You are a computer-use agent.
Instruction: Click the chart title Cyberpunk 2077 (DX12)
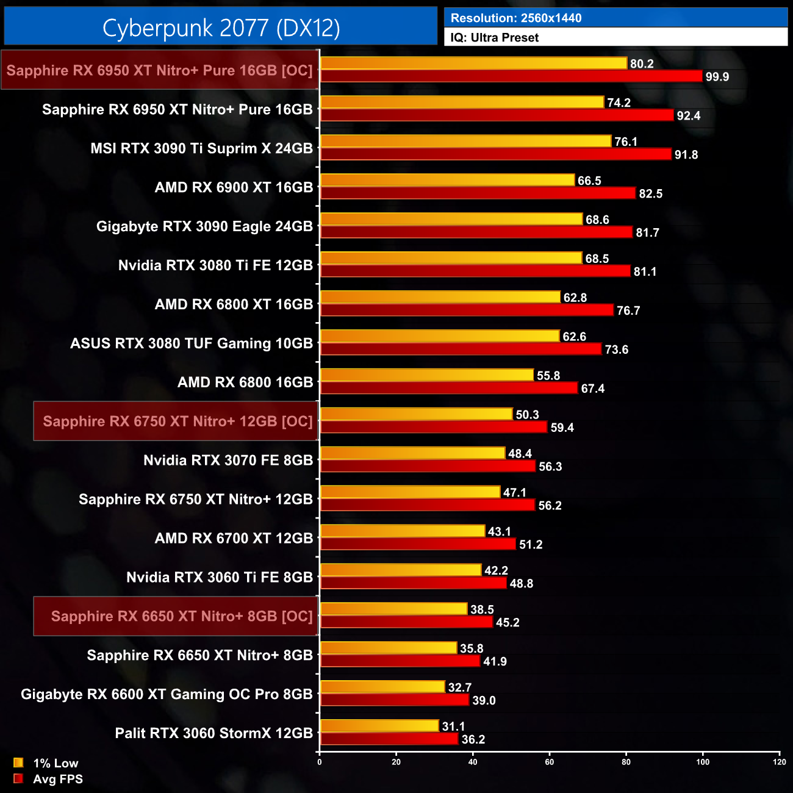(x=221, y=27)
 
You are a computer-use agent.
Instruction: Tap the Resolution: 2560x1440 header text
(x=516, y=18)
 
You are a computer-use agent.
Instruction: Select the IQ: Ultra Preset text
(x=495, y=38)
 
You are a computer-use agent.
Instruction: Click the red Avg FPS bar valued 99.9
(x=511, y=76)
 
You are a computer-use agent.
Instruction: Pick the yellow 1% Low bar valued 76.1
(x=465, y=142)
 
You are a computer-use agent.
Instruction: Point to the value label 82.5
(x=650, y=194)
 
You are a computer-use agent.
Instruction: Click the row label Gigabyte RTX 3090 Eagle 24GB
(x=204, y=226)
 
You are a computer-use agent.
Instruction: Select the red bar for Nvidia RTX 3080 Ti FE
(x=475, y=271)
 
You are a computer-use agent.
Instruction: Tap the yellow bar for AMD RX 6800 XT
(x=440, y=297)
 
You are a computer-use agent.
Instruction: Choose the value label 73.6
(x=616, y=350)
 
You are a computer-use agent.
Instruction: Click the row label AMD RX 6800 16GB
(x=245, y=382)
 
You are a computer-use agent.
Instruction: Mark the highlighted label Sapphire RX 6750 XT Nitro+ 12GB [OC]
(x=178, y=422)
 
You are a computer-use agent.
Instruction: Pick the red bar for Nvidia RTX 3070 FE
(x=428, y=466)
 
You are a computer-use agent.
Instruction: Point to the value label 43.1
(x=499, y=532)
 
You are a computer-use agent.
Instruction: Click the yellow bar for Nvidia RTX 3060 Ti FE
(x=400, y=570)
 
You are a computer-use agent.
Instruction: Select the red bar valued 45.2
(x=406, y=622)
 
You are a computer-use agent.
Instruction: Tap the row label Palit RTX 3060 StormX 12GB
(x=213, y=733)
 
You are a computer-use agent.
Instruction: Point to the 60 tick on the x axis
(x=550, y=762)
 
